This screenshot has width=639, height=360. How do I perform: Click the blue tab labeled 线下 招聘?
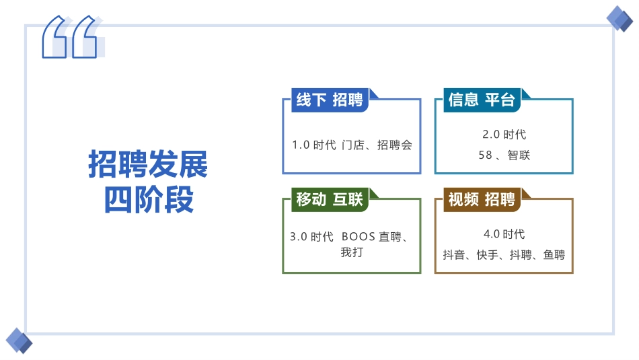click(330, 100)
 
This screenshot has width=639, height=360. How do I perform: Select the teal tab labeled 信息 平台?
click(482, 100)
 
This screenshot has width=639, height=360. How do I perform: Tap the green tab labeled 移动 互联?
click(330, 199)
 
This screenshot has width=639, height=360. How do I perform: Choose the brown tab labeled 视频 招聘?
click(482, 199)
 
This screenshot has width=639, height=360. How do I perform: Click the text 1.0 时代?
click(313, 145)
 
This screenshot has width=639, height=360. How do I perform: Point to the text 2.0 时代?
click(504, 135)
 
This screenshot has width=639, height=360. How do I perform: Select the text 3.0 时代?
click(311, 237)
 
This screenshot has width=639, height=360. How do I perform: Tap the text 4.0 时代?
click(504, 234)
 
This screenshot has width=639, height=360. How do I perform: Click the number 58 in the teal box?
click(486, 155)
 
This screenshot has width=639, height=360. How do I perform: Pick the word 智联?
click(519, 155)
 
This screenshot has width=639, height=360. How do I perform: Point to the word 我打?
click(352, 252)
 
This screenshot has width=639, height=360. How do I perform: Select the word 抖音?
click(454, 255)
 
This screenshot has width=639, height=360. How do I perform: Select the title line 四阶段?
click(149, 200)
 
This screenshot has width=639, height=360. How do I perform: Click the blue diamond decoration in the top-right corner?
click(619, 18)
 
